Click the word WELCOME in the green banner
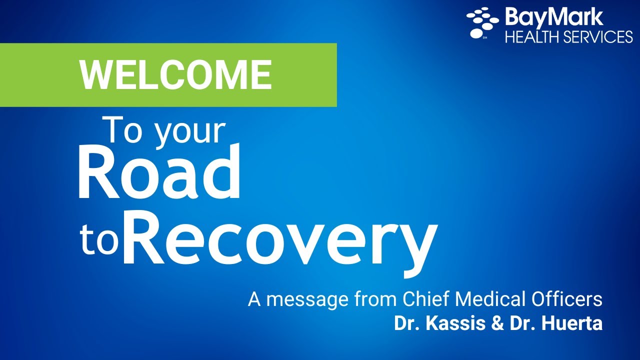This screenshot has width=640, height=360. coord(175,75)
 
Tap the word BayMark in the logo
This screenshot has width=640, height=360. coord(554,17)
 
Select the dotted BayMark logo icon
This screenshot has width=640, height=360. coord(482,22)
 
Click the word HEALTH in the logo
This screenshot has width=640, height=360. coord(530,37)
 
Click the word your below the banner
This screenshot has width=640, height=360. coord(190,132)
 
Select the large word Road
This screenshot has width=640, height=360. coord(159,173)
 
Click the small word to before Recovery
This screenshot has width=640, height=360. coord(99,242)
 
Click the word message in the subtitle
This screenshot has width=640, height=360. coord(302,300)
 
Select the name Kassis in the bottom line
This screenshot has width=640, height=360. coord(453,323)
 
